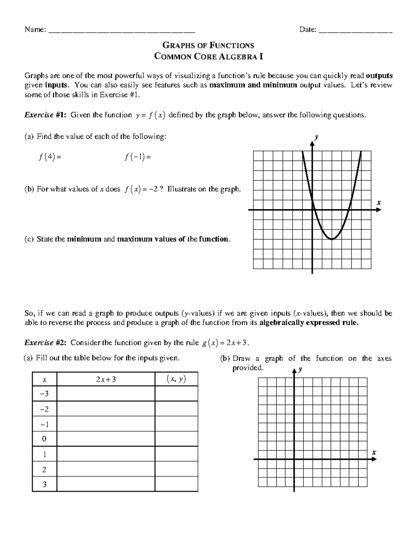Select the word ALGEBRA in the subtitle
point(239,56)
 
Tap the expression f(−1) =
point(138,157)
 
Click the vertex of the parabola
point(332,239)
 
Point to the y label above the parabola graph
point(316,137)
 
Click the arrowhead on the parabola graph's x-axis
point(378,210)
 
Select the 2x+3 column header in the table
point(106,379)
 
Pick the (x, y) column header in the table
point(176,379)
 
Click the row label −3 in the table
point(44,394)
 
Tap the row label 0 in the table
point(44,439)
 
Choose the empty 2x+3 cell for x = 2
point(106,469)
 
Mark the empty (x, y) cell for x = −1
point(176,424)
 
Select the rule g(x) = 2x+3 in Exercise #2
point(225,343)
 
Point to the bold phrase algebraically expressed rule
point(309,323)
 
